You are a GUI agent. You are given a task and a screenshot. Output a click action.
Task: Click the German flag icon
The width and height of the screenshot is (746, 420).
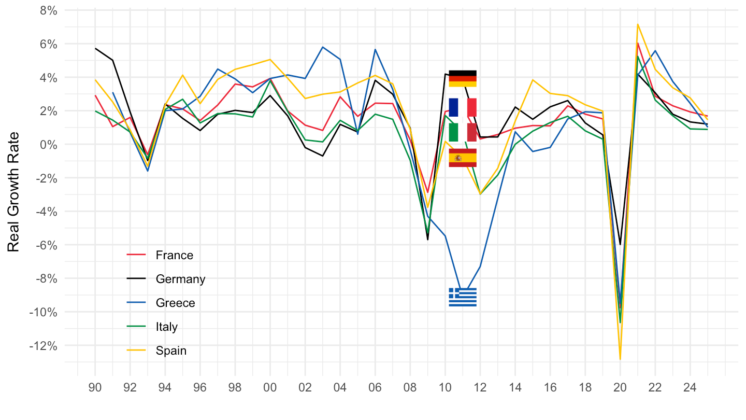point(463,78)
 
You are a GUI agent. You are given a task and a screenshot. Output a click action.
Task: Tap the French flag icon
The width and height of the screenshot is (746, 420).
point(463,107)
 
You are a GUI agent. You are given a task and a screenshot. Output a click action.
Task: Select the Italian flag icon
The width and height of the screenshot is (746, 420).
point(463,132)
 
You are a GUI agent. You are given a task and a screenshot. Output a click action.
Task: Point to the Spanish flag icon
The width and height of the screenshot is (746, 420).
point(463,158)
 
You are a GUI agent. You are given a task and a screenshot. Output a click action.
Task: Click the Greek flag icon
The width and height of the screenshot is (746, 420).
point(463,297)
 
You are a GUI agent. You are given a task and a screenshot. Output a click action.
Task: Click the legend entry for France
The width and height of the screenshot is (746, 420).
point(174,255)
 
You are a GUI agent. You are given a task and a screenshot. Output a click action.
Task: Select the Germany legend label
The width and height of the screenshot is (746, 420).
point(180,279)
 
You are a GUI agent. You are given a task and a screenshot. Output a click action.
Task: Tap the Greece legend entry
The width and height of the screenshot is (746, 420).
point(175,303)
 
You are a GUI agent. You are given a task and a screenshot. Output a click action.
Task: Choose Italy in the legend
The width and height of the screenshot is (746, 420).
point(166,327)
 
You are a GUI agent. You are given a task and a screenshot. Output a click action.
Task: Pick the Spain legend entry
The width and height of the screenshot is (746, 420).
point(170,351)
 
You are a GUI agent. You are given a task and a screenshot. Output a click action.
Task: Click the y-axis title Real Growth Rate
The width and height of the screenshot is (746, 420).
point(14,192)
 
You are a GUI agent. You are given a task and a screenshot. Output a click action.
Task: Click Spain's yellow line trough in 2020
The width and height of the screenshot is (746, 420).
point(620,359)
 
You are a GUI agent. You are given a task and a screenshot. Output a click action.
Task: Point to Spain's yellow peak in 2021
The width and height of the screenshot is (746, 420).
point(638,24)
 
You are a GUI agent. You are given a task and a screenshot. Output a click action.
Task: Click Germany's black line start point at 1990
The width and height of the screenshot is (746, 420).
point(95,49)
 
